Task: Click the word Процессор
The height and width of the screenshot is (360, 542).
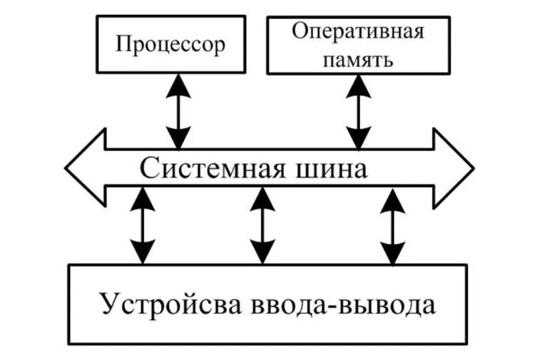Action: [x=170, y=45]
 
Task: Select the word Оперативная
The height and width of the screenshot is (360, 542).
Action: [x=357, y=32]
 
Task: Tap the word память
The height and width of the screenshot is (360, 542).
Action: [x=358, y=58]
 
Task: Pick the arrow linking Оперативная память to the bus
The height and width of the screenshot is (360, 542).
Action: [x=359, y=109]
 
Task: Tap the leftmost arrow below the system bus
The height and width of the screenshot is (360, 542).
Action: [x=143, y=225]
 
